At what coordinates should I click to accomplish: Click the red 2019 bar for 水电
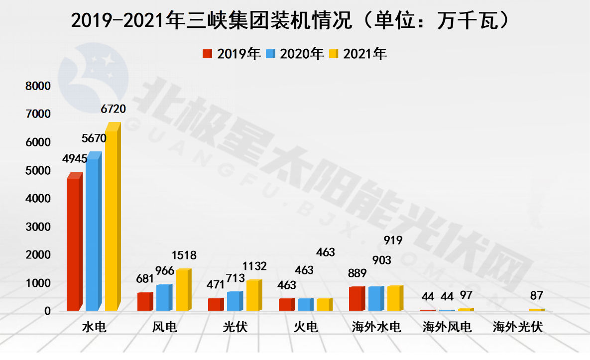tap(73, 244)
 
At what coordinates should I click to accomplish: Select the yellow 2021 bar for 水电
tap(111, 219)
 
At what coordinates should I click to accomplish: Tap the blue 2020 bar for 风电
tap(163, 298)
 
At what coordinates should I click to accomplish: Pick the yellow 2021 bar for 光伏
tap(252, 295)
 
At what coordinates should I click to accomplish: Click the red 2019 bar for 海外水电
tap(355, 299)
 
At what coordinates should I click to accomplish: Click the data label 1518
tap(184, 255)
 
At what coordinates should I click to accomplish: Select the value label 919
tap(393, 240)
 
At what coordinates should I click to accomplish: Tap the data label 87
tap(536, 296)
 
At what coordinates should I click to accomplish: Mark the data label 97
tap(467, 296)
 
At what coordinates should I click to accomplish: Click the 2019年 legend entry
tap(232, 54)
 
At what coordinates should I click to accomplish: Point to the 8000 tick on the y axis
tap(38, 86)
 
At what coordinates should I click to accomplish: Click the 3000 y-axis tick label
tap(38, 227)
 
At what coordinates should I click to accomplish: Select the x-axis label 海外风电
tap(447, 327)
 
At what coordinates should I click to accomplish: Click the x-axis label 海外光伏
tap(517, 327)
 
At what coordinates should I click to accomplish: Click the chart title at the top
tap(291, 20)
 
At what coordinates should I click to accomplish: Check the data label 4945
tap(75, 159)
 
